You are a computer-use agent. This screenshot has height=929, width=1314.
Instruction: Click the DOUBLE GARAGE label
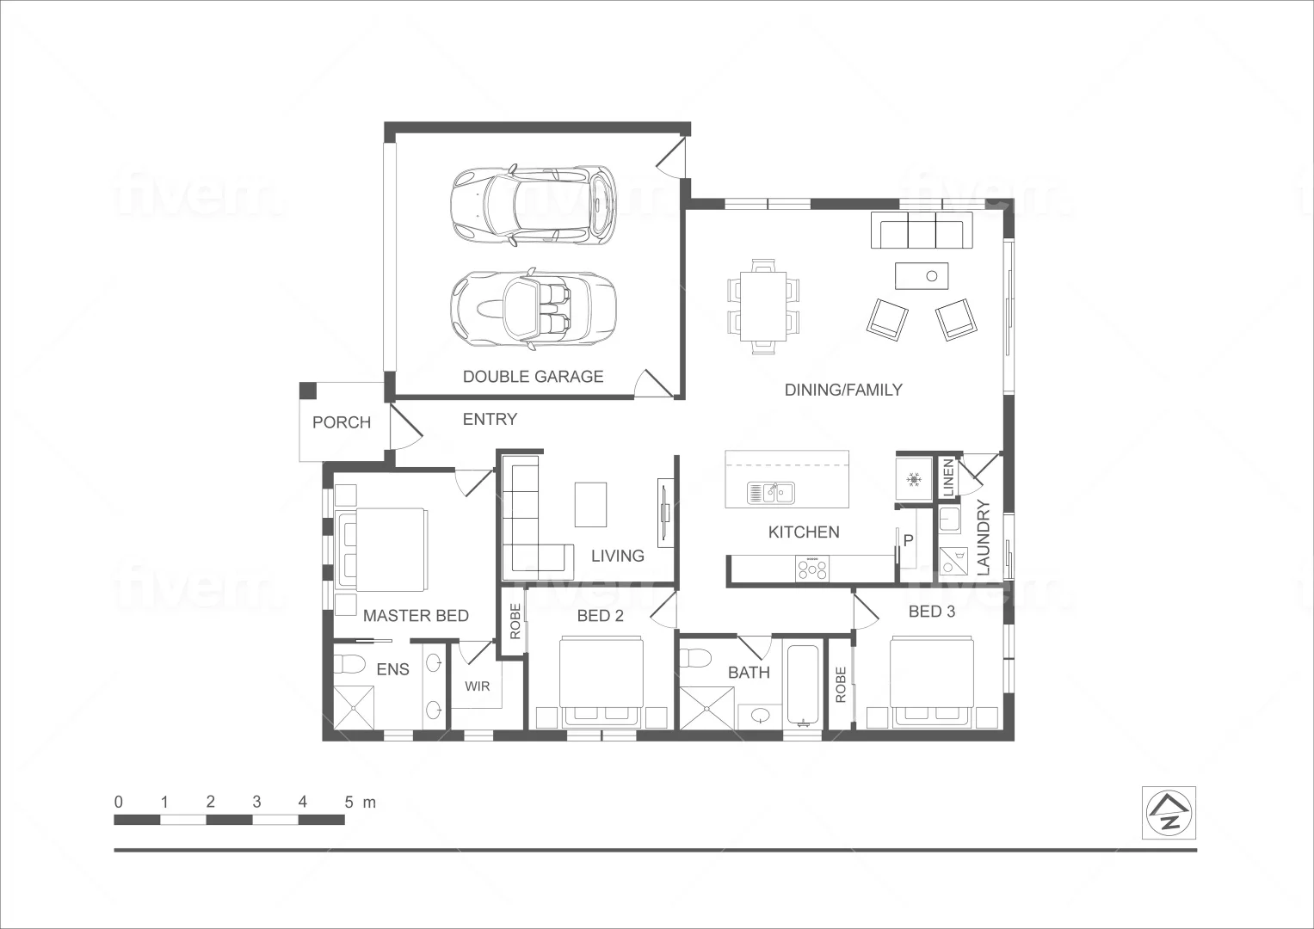click(533, 376)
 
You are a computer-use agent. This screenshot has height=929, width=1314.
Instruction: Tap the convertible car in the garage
click(533, 311)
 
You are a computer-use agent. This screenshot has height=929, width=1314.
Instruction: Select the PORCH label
click(342, 422)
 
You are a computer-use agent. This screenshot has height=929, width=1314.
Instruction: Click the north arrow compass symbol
click(1169, 813)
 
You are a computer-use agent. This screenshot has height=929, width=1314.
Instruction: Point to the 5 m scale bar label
click(360, 803)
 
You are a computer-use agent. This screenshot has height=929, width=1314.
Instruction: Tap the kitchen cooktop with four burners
click(812, 569)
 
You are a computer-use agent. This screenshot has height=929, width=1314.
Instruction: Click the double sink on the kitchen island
click(772, 493)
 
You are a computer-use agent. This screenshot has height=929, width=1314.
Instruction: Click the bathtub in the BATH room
click(805, 685)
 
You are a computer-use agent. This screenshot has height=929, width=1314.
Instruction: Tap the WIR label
click(478, 686)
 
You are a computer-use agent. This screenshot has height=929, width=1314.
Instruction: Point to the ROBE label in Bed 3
click(841, 684)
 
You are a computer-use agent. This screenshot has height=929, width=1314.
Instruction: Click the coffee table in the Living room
click(590, 504)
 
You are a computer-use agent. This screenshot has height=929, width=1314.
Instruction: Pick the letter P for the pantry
click(908, 541)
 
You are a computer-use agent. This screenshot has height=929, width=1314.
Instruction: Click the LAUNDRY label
click(984, 538)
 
